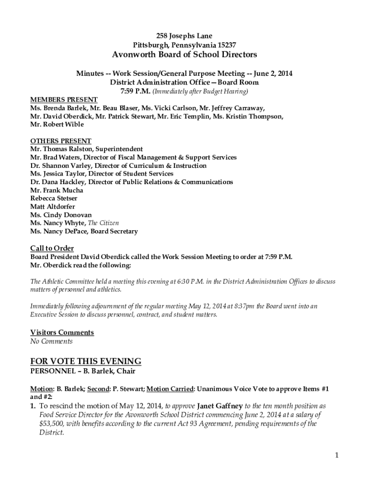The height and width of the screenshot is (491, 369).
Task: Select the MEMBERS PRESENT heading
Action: [x=64, y=100]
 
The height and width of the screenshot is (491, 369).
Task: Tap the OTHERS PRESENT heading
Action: [x=61, y=141]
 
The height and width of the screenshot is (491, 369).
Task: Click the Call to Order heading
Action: [x=52, y=248]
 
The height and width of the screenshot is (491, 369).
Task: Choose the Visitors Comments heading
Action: [x=62, y=332]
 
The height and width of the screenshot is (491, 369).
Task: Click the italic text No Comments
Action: [x=51, y=341]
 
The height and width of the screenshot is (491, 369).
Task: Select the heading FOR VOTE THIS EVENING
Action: [x=86, y=361]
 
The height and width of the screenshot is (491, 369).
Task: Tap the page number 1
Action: [x=337, y=456]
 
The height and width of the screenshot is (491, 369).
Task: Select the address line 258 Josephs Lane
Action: [x=184, y=36]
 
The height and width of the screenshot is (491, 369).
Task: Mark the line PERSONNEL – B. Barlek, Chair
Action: [x=83, y=371]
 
